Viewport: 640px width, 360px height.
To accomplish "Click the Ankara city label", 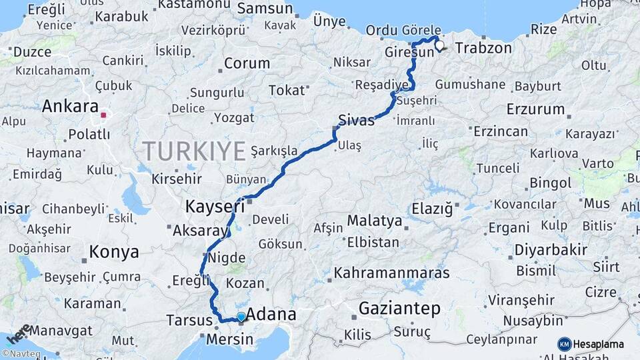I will [70, 106].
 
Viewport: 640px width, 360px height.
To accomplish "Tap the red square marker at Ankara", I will [103, 115].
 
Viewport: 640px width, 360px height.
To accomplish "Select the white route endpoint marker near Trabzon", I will [439, 46].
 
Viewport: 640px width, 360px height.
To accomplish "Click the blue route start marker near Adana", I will [241, 317].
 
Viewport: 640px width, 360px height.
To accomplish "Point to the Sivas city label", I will [357, 120].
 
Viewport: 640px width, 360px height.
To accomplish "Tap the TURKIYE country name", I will [193, 151].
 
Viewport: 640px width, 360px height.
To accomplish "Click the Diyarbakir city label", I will [551, 250].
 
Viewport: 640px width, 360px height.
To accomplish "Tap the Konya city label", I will [114, 252].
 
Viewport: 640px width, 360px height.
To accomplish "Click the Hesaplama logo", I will [591, 344].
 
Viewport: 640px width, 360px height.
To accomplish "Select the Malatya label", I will [375, 221].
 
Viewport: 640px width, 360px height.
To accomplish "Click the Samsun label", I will [265, 9].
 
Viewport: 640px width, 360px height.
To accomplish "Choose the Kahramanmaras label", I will [392, 273].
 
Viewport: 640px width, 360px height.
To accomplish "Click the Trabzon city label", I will [483, 48].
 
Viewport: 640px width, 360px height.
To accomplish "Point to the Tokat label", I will [286, 90].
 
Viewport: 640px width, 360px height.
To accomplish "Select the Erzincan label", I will [500, 131].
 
